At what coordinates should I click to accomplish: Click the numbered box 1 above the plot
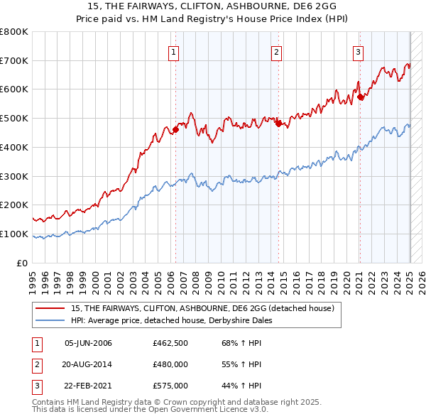[x=174, y=51]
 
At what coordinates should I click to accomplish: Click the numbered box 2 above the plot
[x=276, y=51]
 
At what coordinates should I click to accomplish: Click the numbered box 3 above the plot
[x=359, y=51]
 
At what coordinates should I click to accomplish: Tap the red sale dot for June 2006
[x=175, y=129]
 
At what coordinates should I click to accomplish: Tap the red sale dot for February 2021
[x=360, y=97]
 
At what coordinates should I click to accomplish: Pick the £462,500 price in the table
[x=170, y=344]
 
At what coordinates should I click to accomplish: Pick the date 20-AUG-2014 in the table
[x=88, y=364]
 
